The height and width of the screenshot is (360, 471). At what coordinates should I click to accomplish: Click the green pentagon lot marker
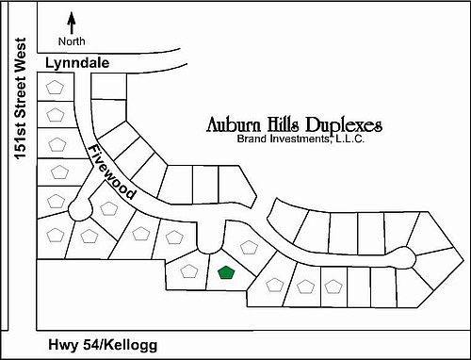click(x=225, y=273)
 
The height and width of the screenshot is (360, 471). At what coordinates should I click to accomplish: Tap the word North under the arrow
click(x=72, y=41)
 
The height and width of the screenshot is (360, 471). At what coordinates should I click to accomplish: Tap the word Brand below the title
click(x=254, y=139)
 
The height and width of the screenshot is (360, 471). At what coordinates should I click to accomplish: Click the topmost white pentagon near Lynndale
click(x=57, y=86)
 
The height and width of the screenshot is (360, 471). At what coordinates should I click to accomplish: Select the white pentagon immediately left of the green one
click(x=188, y=271)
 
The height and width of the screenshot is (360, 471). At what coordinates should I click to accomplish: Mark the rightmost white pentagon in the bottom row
click(x=333, y=285)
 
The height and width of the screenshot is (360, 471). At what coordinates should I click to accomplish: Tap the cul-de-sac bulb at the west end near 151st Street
click(x=78, y=207)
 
